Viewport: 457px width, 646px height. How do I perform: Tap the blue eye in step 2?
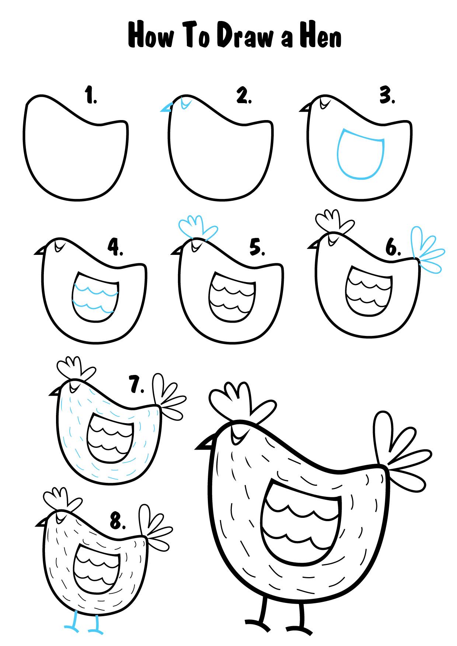click(x=186, y=103)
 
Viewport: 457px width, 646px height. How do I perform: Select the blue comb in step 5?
click(x=198, y=228)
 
